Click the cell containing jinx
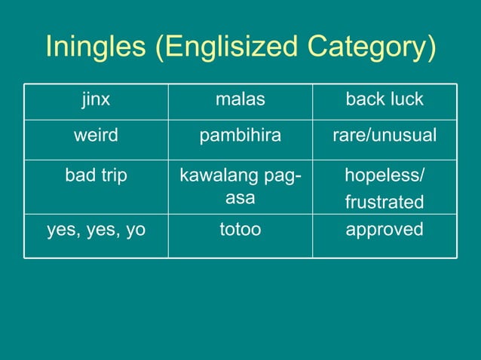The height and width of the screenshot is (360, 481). point(96,99)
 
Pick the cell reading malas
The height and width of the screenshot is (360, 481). point(240,99)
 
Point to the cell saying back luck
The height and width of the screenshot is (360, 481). point(384,99)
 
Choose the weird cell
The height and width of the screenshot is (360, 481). point(96,137)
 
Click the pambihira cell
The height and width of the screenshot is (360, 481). point(240,137)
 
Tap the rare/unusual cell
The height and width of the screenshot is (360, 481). point(384,137)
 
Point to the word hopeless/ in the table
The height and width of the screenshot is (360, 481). point(384,175)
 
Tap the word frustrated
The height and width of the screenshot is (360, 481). point(384,203)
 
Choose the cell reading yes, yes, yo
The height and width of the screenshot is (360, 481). point(96,229)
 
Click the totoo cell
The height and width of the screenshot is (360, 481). point(240,229)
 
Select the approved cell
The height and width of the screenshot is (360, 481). point(384,229)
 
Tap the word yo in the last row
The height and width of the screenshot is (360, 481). point(135,230)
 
